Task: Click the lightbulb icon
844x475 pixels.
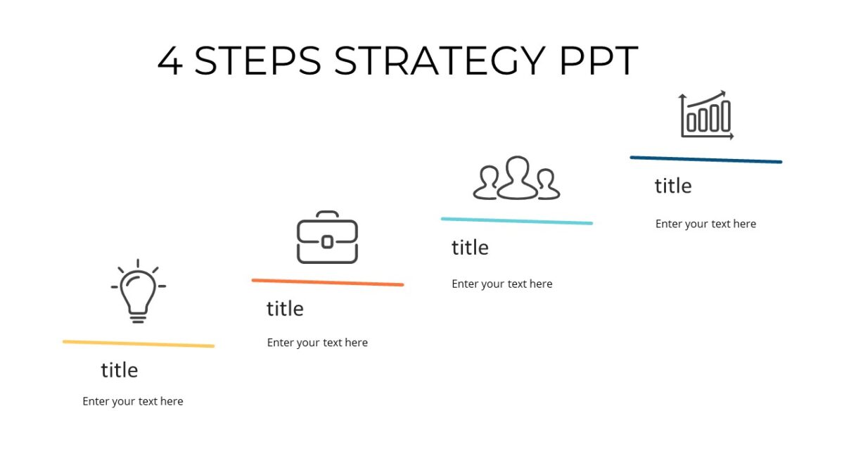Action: coord(138,291)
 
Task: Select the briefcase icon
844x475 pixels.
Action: coord(327,238)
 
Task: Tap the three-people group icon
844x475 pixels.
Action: coord(517,178)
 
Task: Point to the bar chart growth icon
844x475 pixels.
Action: coord(706,115)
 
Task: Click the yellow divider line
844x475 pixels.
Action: coord(138,344)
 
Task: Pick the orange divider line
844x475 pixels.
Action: coord(327,282)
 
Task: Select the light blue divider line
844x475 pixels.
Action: coord(517,221)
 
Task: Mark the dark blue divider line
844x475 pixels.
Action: coord(705,160)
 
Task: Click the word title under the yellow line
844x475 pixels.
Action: coord(120,370)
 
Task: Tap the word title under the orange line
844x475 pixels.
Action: coord(285,309)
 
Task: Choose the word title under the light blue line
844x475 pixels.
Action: coord(470,248)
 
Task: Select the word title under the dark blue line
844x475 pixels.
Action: coord(673,186)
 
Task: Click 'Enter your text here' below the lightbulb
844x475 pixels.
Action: coord(133,401)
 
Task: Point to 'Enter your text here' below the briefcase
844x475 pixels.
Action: coord(317,343)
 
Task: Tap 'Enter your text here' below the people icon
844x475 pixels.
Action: coord(502,284)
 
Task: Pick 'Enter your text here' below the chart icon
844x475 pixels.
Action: coord(705,224)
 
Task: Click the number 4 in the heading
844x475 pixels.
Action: coord(170,61)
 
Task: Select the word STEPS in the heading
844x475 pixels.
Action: coord(257,61)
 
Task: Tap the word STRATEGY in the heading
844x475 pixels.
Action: coord(440,61)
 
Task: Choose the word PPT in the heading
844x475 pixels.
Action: coord(599,61)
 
